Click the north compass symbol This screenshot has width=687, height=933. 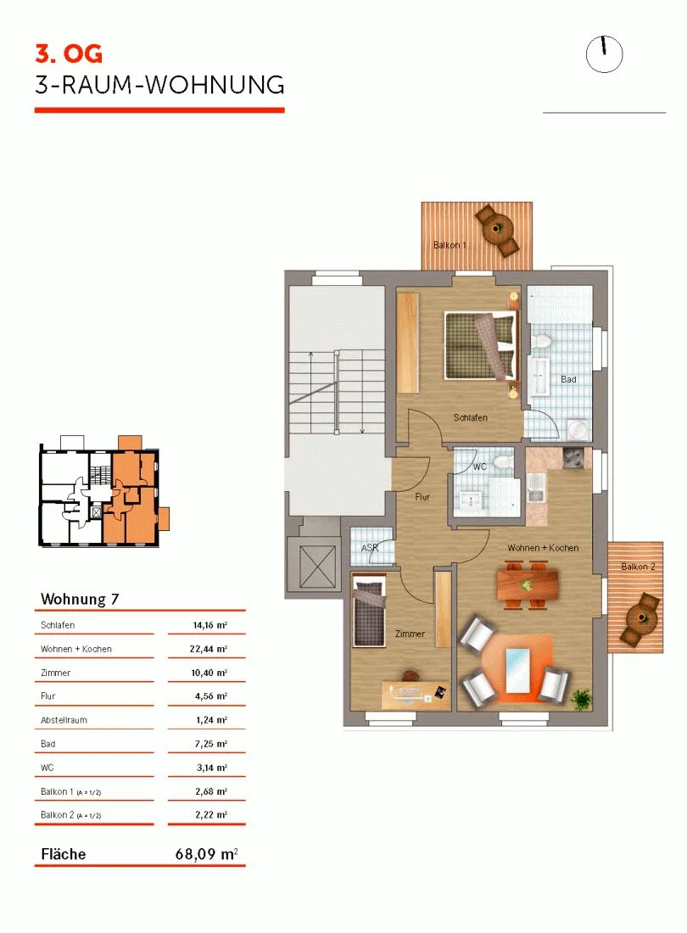[x=604, y=54]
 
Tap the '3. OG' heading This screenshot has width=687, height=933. [x=69, y=54]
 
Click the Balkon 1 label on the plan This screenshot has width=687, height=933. [x=450, y=244]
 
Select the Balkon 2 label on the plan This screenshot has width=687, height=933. [x=638, y=567]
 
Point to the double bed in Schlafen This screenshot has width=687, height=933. [x=480, y=346]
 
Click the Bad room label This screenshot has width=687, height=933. [x=568, y=379]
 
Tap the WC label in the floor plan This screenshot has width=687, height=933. [x=480, y=466]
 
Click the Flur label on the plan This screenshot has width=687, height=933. [x=422, y=496]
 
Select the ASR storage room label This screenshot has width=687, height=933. [x=370, y=547]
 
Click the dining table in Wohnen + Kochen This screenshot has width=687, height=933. [x=528, y=584]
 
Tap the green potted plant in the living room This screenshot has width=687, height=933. [x=581, y=698]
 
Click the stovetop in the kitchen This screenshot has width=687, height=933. [x=573, y=459]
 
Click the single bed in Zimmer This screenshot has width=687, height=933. [x=368, y=613]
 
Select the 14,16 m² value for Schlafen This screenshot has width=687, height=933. [x=210, y=625]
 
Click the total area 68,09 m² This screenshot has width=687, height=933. [x=206, y=854]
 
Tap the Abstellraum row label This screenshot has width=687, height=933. [x=64, y=720]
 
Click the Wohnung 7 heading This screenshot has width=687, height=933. [x=80, y=599]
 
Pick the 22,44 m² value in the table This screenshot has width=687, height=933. [x=208, y=649]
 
